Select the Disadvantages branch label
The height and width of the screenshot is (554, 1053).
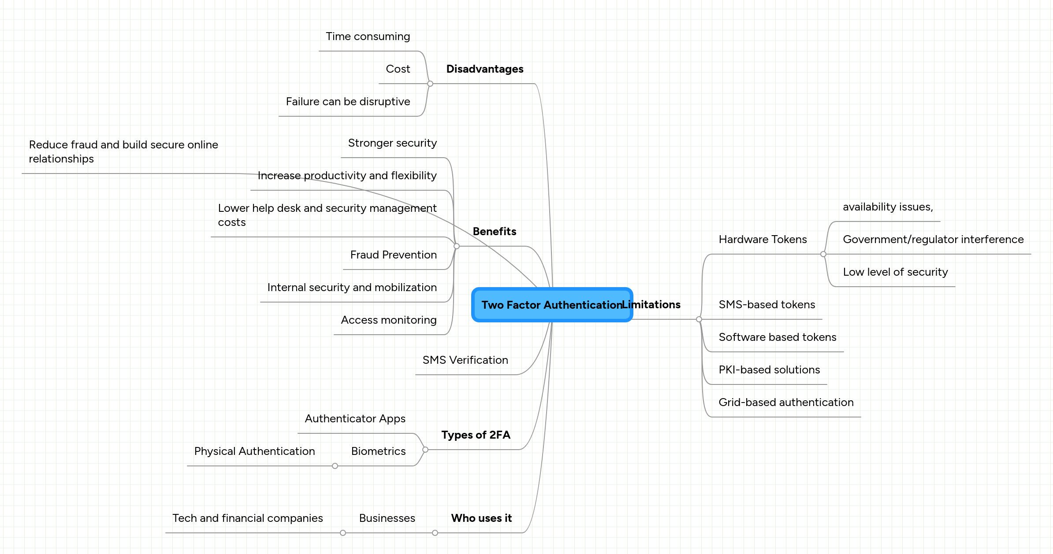coord(484,69)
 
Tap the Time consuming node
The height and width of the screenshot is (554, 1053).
coord(368,37)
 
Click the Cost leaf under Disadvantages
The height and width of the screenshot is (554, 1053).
coord(398,69)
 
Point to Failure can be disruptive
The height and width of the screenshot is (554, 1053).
coord(348,102)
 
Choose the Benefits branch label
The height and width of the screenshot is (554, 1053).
coord(494,232)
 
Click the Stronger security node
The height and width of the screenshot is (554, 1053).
coord(392,143)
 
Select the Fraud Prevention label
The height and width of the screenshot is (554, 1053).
coord(393,255)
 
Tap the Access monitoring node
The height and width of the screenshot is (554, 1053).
coord(388,320)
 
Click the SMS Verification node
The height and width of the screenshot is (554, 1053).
coord(465,360)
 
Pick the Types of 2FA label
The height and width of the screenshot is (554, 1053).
coord(476,435)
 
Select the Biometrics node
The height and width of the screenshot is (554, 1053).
coord(378,451)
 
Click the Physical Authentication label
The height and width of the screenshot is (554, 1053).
coord(254,451)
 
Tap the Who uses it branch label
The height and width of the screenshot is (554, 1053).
coord(481,518)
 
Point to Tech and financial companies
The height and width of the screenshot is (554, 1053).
coord(247,518)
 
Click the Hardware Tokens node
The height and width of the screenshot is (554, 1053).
coord(763,240)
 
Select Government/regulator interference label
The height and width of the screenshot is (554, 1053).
coord(933,240)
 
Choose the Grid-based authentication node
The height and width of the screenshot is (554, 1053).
coord(786,403)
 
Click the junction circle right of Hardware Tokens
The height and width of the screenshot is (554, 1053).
coord(823,254)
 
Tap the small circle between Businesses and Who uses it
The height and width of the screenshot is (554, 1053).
coord(435,533)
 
